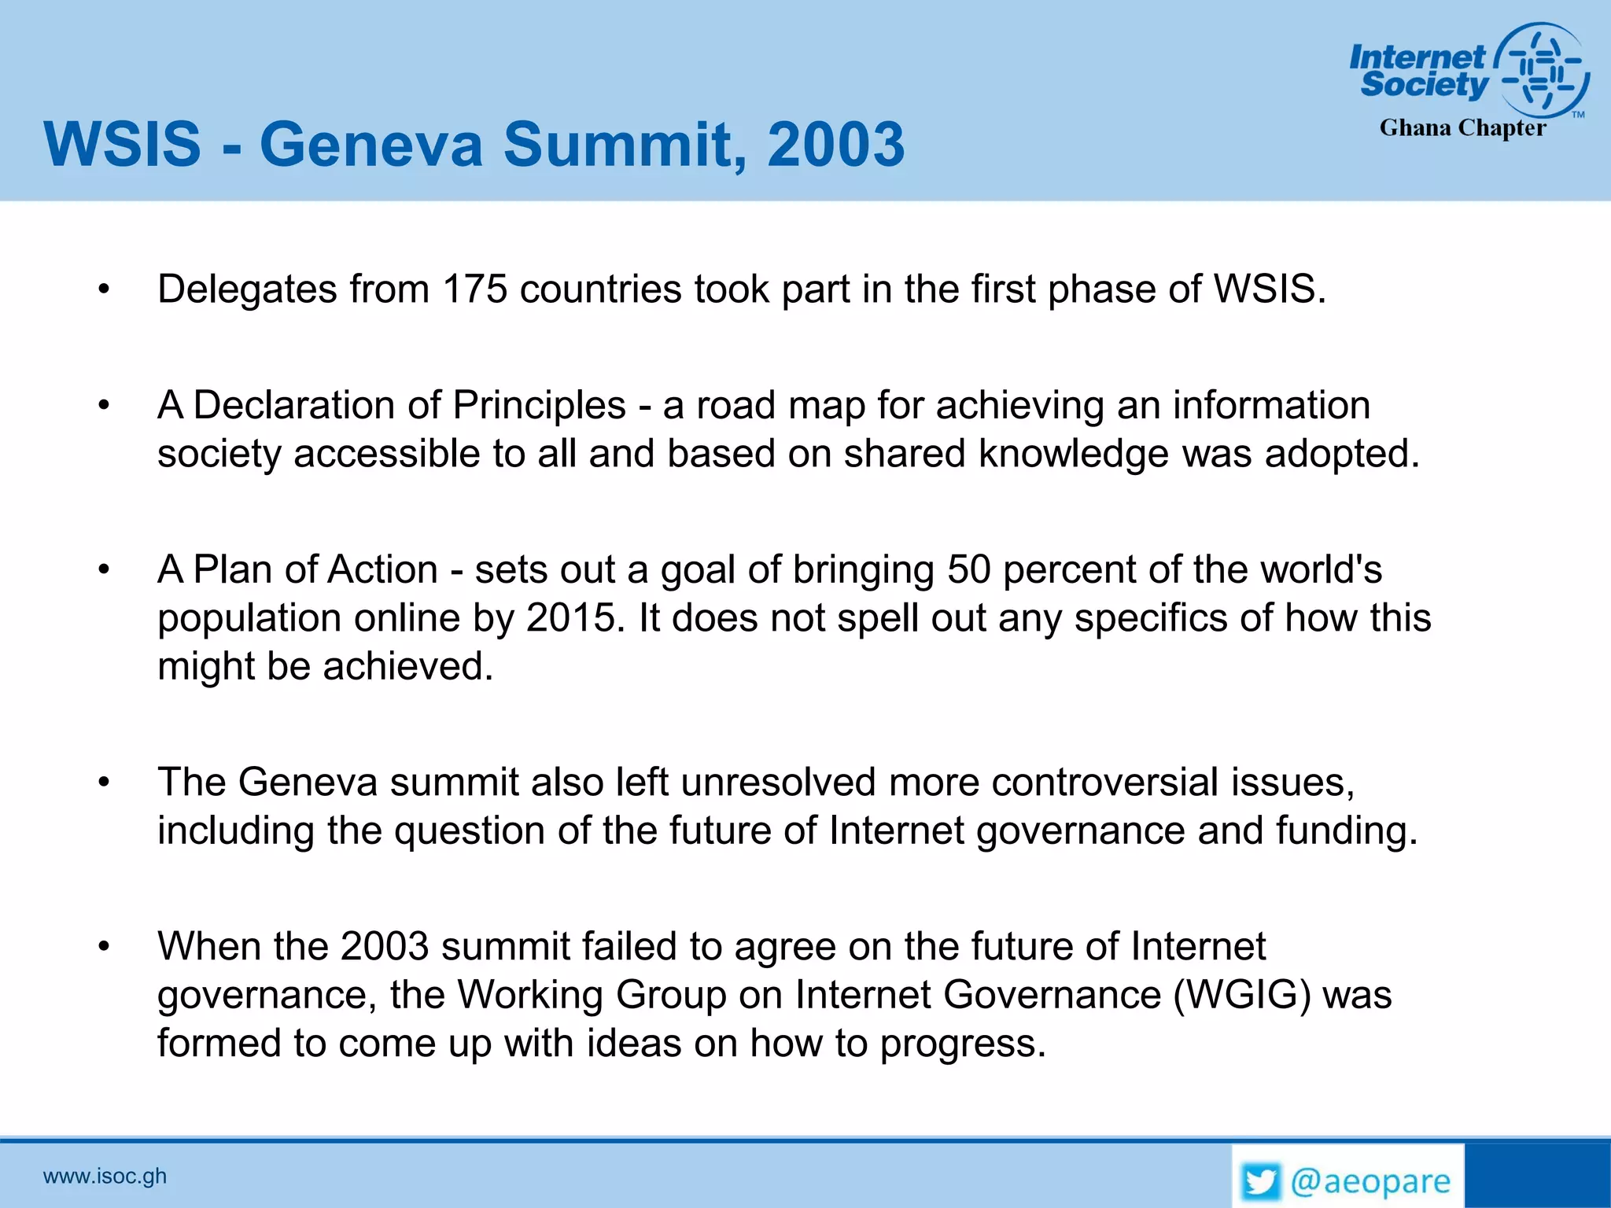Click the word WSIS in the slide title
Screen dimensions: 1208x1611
(123, 145)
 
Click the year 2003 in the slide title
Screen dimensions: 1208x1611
(835, 145)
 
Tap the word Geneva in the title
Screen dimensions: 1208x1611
(371, 145)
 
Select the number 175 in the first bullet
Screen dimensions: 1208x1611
(474, 289)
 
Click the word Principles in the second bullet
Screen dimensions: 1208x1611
(540, 406)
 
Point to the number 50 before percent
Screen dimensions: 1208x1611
(968, 569)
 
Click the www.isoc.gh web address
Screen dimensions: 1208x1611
(105, 1177)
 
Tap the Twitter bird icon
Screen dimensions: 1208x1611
(1261, 1182)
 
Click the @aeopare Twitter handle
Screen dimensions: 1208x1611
(1371, 1182)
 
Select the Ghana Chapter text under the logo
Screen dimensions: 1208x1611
(1462, 127)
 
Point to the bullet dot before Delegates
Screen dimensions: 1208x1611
(104, 290)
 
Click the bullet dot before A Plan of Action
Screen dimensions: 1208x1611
(104, 570)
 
